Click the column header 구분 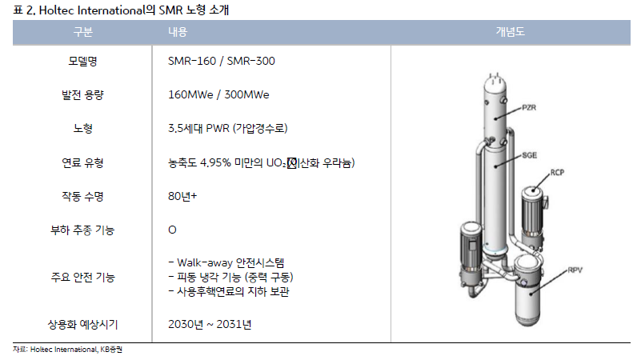(x=83, y=32)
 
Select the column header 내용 (x=178, y=32)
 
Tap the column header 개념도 (x=511, y=32)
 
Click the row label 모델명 (x=83, y=61)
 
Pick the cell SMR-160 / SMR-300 (x=222, y=61)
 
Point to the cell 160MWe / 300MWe (x=218, y=94)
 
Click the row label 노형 (x=83, y=128)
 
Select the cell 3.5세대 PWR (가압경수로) (x=228, y=128)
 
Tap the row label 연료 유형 (x=83, y=162)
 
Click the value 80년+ (x=182, y=196)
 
